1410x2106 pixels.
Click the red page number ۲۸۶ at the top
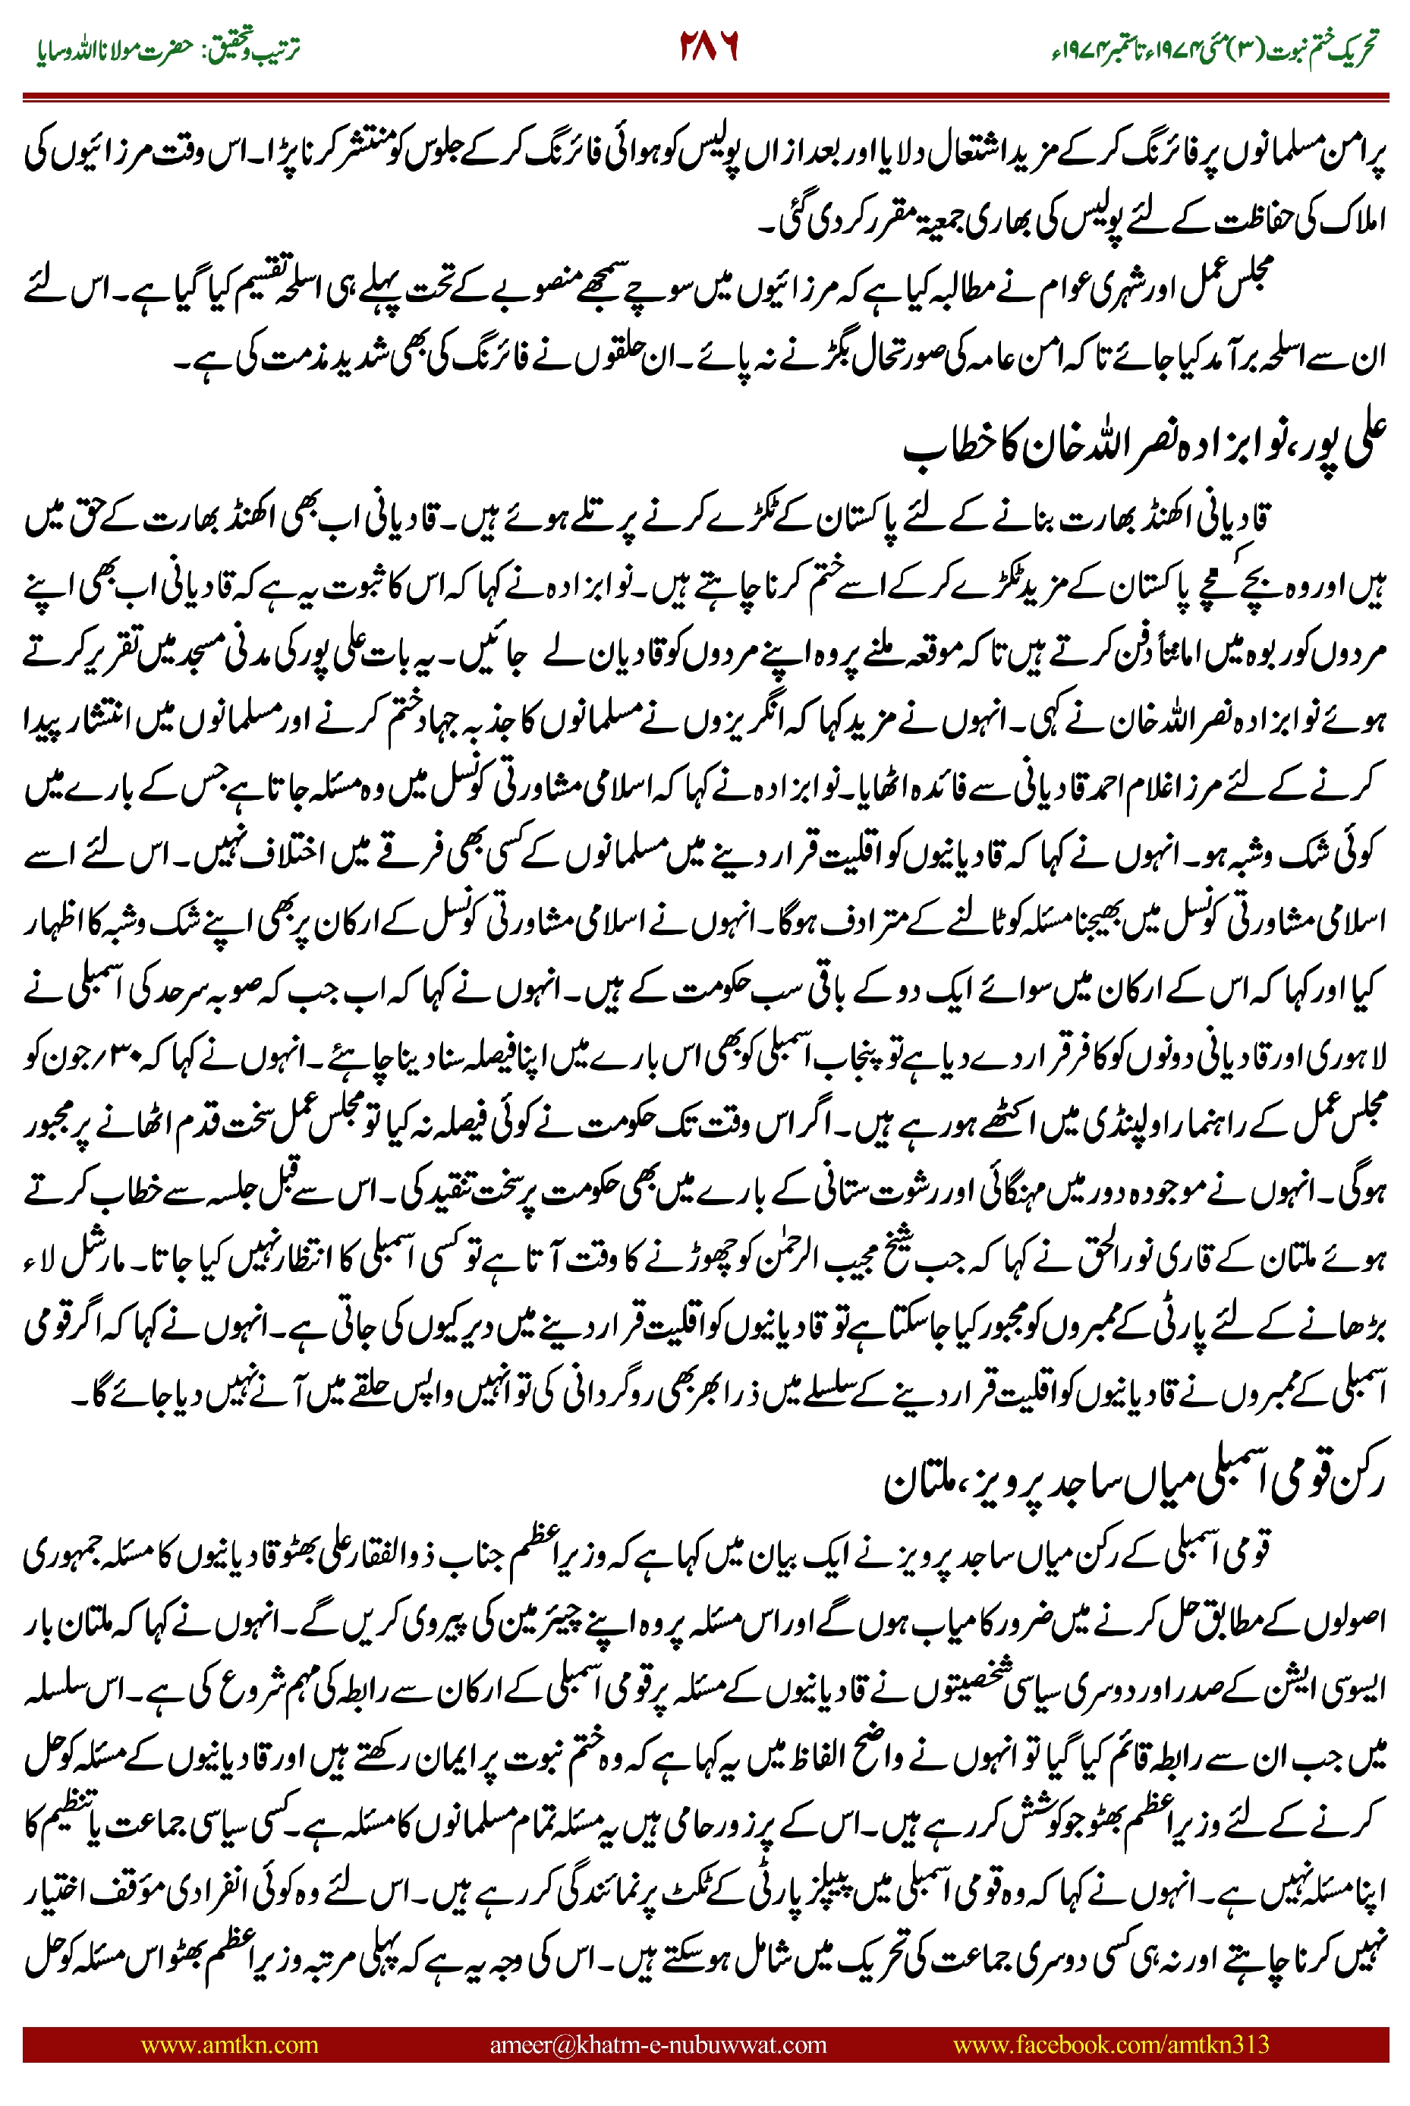[708, 47]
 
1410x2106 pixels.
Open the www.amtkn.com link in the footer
[229, 2044]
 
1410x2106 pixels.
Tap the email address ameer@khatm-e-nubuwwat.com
[657, 2044]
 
